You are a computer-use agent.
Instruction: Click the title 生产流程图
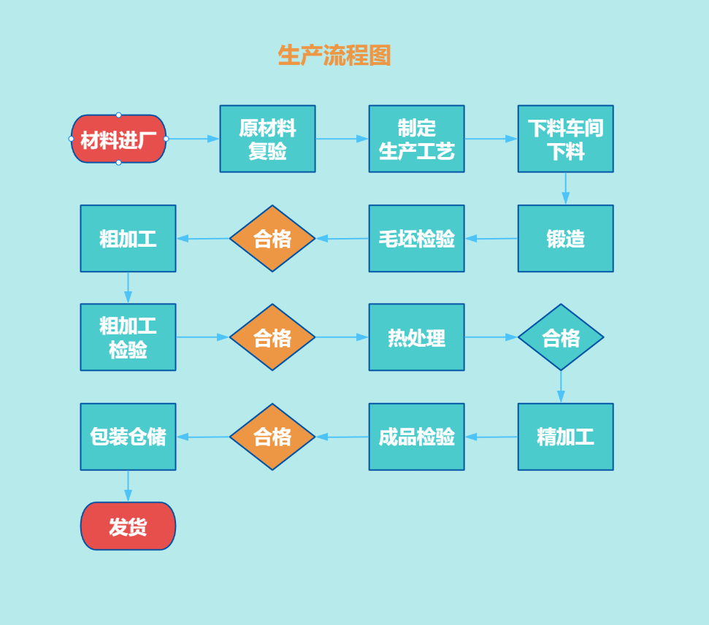tap(334, 55)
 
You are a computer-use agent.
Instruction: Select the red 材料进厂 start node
tap(118, 139)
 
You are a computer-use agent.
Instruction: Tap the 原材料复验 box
tap(267, 139)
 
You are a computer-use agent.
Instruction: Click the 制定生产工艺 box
tap(416, 139)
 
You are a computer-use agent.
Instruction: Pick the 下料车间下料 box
tap(565, 139)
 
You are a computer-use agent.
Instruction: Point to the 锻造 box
tap(565, 239)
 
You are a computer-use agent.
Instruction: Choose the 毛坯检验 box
tap(416, 239)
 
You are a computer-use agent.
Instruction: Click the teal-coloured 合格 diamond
tap(561, 337)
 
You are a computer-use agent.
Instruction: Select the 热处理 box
tap(416, 337)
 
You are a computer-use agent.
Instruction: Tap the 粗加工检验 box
tap(128, 337)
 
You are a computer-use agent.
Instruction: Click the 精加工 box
tap(565, 437)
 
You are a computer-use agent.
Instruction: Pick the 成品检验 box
tap(416, 437)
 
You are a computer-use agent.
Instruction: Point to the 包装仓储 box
tap(128, 437)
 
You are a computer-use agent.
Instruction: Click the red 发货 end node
tap(128, 526)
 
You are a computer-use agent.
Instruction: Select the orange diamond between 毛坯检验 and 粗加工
tap(272, 239)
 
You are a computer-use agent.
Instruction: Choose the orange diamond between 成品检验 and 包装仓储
tap(272, 437)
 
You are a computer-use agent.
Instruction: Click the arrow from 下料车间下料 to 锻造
tap(565, 188)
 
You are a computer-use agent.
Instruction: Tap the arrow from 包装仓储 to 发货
tap(128, 486)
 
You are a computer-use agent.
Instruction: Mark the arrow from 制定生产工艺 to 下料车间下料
tap(491, 139)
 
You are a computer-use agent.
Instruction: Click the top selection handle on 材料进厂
tap(118, 115)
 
